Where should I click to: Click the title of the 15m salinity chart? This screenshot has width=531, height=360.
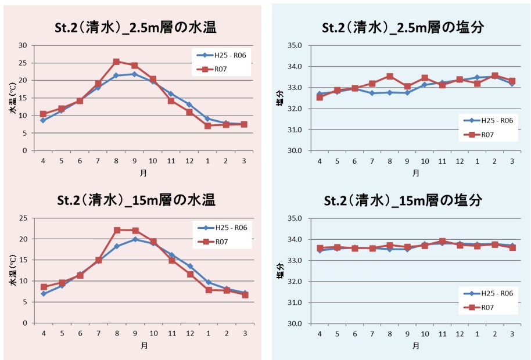click(x=402, y=200)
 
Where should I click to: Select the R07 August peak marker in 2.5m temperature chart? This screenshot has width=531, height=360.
click(x=116, y=62)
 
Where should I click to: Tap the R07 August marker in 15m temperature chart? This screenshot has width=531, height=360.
click(x=117, y=230)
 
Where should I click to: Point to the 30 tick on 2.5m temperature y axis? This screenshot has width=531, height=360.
click(x=23, y=45)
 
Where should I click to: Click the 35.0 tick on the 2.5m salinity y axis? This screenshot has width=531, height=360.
click(x=296, y=45)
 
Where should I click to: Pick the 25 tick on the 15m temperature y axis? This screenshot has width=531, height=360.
click(x=23, y=218)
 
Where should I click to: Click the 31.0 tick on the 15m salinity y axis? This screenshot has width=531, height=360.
click(x=296, y=303)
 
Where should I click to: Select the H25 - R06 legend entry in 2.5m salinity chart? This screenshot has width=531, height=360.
click(x=488, y=120)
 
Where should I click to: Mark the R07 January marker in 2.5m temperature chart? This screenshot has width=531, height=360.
click(x=207, y=125)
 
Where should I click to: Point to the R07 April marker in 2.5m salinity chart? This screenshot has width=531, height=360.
click(x=320, y=97)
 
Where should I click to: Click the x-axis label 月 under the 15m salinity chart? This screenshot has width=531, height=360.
click(x=416, y=346)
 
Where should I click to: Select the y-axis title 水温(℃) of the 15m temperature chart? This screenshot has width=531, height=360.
click(x=12, y=271)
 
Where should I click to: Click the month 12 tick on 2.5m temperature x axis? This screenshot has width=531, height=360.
click(x=189, y=161)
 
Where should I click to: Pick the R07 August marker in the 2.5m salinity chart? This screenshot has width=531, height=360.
click(x=390, y=76)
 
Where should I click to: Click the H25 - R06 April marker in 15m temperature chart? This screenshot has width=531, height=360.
click(x=43, y=294)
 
